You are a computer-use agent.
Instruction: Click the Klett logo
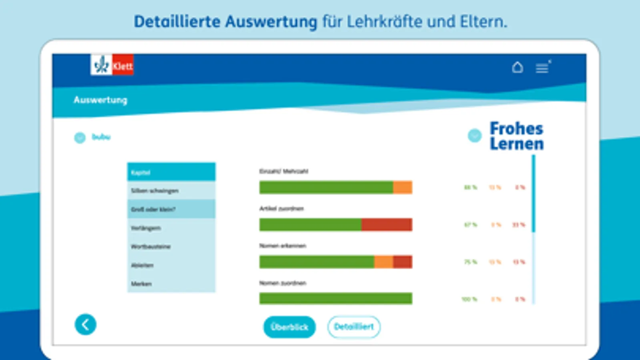point(112,65)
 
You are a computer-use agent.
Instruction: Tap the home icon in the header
point(517,67)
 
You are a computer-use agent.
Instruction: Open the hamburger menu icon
point(542,68)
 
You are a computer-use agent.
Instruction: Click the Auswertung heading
point(100,100)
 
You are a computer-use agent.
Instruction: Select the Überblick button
point(289,327)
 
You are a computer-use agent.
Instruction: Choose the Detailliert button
point(354,327)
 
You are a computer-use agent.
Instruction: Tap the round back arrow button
point(85,324)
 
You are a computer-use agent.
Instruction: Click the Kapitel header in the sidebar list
point(171,172)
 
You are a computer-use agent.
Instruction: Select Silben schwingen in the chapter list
point(171,191)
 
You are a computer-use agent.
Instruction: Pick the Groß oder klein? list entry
point(171,209)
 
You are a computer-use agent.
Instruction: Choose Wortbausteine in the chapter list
point(171,246)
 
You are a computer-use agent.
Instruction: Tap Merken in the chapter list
point(171,284)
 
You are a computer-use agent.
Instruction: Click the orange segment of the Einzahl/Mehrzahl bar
point(402,187)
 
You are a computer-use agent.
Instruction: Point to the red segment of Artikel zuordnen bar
point(386,224)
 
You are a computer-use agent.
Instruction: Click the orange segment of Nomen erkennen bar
point(383,262)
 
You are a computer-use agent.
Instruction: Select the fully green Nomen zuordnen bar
point(335,298)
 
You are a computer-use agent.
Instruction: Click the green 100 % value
point(469,299)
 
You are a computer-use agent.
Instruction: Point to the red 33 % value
point(519,225)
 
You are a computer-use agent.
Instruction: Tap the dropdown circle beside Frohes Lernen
point(475,136)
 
